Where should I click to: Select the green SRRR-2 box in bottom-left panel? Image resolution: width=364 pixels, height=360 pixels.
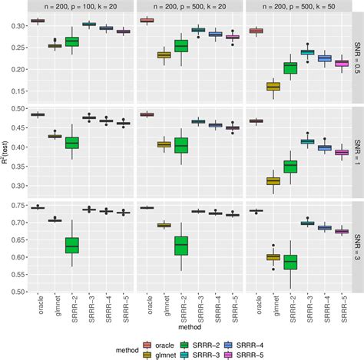pos(71,245)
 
